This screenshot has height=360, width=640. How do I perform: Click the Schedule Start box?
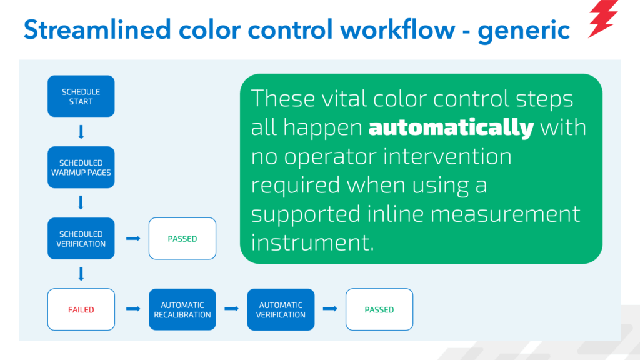81,96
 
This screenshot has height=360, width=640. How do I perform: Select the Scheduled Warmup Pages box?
81,167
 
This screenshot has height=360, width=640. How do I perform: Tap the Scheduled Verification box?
81,238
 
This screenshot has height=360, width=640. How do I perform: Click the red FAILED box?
81,309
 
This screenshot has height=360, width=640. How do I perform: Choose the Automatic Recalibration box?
182,309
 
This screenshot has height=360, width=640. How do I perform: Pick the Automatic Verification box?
281,309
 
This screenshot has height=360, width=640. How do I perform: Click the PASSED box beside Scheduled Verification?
182,238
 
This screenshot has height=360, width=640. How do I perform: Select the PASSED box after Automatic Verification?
379,309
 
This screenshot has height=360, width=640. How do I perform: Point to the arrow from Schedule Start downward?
81,132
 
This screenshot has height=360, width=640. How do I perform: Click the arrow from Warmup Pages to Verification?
81,202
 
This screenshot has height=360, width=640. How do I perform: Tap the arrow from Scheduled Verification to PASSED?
133,238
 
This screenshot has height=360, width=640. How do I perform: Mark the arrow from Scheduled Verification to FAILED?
81,274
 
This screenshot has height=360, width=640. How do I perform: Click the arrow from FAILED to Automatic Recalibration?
133,309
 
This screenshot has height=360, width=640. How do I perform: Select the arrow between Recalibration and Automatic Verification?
231,309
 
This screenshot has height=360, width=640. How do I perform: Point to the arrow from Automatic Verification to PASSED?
330,309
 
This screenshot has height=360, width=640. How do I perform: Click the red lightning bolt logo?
603,19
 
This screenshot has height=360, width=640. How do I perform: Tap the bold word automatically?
451,127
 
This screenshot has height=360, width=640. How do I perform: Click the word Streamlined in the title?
97,30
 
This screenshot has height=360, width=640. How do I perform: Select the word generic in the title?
524,31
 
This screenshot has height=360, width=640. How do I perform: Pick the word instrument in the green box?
312,242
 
